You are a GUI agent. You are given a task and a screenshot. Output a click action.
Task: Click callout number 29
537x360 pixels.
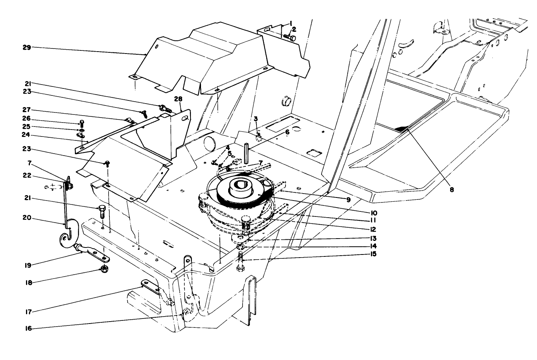[x=26, y=47]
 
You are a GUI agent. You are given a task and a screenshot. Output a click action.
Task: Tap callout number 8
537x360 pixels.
[x=452, y=190]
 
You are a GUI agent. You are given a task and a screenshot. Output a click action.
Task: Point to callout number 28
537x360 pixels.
[x=178, y=100]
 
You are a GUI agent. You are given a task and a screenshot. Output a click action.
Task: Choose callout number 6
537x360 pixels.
[x=287, y=132]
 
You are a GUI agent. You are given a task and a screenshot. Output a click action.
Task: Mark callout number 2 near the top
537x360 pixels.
[x=294, y=29]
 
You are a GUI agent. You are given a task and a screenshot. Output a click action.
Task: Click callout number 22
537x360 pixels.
[x=26, y=175]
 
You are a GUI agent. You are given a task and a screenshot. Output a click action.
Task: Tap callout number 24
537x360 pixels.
[x=26, y=135]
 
